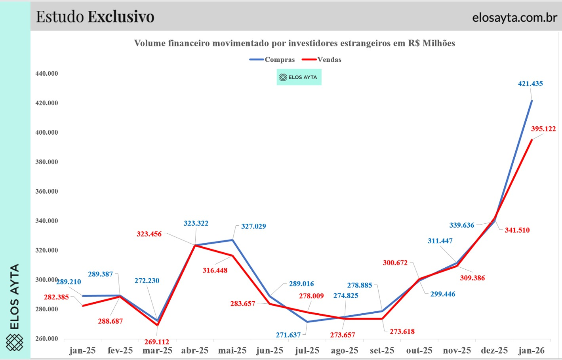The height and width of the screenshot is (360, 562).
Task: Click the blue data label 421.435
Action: coord(530,84)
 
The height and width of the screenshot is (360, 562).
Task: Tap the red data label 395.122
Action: coord(543,129)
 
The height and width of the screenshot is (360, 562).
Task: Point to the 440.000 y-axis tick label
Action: coord(47,74)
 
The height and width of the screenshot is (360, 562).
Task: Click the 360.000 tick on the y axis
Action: coord(47,191)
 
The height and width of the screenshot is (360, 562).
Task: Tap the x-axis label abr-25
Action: coord(195,350)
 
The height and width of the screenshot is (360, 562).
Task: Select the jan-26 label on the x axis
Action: coord(532,350)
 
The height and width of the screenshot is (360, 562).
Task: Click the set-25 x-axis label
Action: coord(382,350)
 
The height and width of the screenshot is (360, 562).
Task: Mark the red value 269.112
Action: coord(157,342)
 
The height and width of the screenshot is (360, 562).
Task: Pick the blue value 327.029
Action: coord(253,227)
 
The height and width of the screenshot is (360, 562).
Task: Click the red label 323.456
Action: coord(149,234)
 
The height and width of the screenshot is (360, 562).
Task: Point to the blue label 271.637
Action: coord(288,335)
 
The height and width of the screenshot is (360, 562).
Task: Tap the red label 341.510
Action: coord(517,230)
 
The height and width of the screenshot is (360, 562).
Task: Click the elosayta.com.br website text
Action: coord(514,17)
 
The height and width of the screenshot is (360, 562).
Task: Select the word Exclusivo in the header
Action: coord(121,17)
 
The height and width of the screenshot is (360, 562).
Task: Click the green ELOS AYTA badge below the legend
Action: coord(299,77)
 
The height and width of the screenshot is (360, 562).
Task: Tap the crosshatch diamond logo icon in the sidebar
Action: coord(15,343)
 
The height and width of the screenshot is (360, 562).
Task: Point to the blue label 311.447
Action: coord(440,241)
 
